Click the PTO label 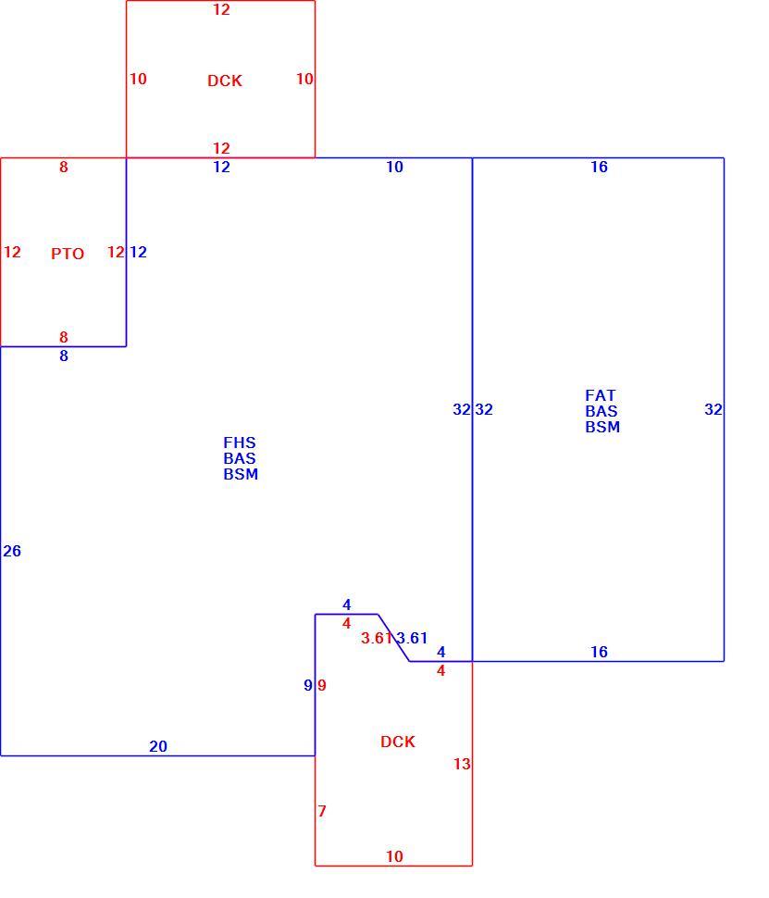click(68, 253)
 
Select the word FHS click(240, 443)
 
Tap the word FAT click(600, 395)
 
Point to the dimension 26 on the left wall click(12, 551)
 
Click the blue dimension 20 click(158, 746)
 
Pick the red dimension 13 click(462, 764)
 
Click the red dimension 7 click(322, 811)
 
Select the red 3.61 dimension click(377, 638)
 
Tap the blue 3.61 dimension click(413, 638)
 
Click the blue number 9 click(308, 685)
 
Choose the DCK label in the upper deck click(225, 81)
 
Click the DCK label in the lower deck click(397, 742)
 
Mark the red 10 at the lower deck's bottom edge click(394, 856)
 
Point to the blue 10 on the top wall click(394, 167)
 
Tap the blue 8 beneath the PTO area click(64, 355)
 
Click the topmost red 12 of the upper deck click(221, 9)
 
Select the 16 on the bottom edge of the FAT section click(599, 652)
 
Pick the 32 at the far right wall click(713, 409)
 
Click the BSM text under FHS click(241, 474)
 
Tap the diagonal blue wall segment click(394, 638)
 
